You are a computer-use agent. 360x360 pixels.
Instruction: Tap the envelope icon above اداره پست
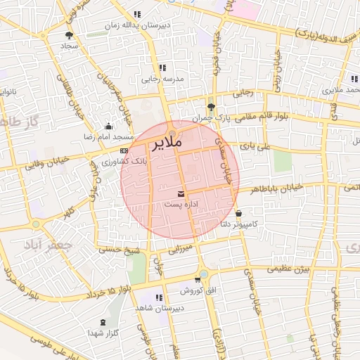tap(181, 193)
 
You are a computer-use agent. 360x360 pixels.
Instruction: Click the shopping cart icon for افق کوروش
tap(206, 281)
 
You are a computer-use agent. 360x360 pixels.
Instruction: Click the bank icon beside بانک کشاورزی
tap(124, 150)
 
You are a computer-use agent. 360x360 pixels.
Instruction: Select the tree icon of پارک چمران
tap(211, 106)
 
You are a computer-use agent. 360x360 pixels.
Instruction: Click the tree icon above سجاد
tap(69, 35)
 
